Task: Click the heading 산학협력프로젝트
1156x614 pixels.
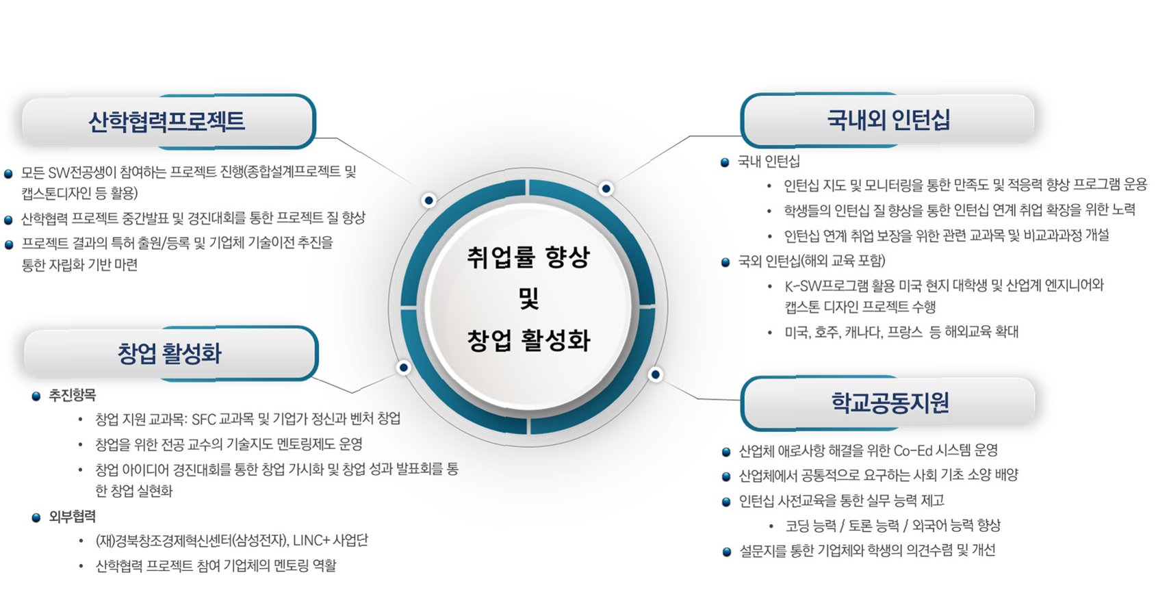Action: pyautogui.click(x=166, y=121)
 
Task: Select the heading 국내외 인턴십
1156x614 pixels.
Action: pyautogui.click(x=888, y=120)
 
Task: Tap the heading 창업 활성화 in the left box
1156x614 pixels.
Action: pyautogui.click(x=170, y=353)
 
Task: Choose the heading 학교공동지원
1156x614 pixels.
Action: pyautogui.click(x=890, y=402)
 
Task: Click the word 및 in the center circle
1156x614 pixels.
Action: pyautogui.click(x=528, y=298)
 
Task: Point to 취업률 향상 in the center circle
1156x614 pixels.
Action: pyautogui.click(x=528, y=257)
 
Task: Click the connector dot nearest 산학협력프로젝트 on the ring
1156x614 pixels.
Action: pyautogui.click(x=429, y=200)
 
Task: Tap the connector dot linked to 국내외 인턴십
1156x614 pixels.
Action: pyautogui.click(x=606, y=188)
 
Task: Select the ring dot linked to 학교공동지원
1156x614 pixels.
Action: pyautogui.click(x=656, y=374)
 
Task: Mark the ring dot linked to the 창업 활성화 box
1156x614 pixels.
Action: pyautogui.click(x=404, y=368)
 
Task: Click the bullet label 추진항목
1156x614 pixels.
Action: pyautogui.click(x=72, y=395)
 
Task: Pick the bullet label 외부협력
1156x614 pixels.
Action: pyautogui.click(x=72, y=516)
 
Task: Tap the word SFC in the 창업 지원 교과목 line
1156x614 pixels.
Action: pyautogui.click(x=204, y=419)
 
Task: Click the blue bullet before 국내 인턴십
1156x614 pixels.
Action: pyautogui.click(x=725, y=163)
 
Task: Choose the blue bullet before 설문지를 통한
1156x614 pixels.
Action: pyautogui.click(x=726, y=552)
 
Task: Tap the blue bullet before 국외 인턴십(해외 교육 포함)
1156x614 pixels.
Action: pyautogui.click(x=725, y=262)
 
